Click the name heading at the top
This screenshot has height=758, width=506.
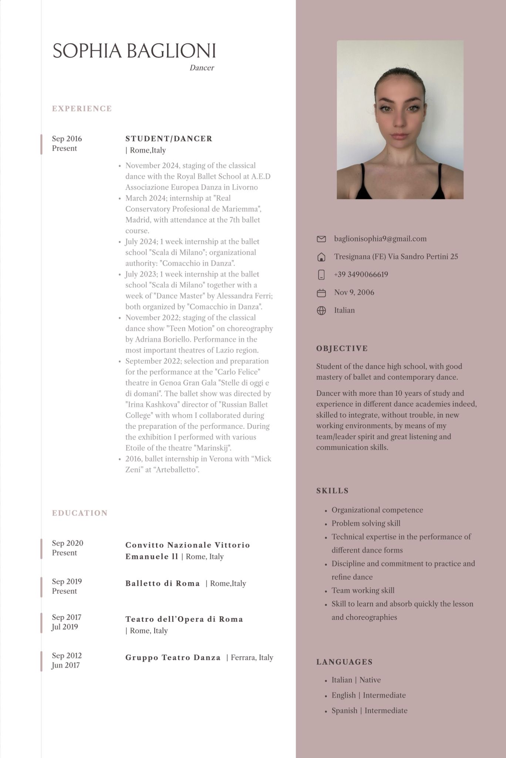[x=134, y=51]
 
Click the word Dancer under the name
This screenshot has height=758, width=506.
[x=202, y=68]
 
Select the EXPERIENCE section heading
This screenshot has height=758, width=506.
[x=82, y=108]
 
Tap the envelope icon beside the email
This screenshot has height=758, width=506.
[x=321, y=239]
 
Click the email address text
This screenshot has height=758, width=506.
[x=380, y=239]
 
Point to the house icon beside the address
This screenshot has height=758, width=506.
[x=321, y=257]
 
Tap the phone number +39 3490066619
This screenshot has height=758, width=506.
[x=361, y=275]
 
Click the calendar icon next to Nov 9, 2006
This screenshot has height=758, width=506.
[x=321, y=293]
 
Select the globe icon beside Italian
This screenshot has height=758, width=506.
[x=321, y=311]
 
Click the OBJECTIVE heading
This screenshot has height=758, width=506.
[x=342, y=348]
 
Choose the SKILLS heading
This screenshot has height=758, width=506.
[x=332, y=491]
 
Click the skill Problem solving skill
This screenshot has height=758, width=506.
[x=366, y=523]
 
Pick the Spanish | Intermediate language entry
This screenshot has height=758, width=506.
[x=369, y=711]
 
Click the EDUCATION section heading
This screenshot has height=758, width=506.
[x=80, y=513]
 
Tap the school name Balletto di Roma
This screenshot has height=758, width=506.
[x=162, y=584]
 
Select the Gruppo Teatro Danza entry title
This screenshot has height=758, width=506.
[x=173, y=658]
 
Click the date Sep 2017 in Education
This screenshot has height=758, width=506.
[x=67, y=617]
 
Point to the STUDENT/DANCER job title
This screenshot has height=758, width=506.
[x=169, y=139]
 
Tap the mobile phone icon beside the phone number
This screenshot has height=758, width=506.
[x=321, y=275]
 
